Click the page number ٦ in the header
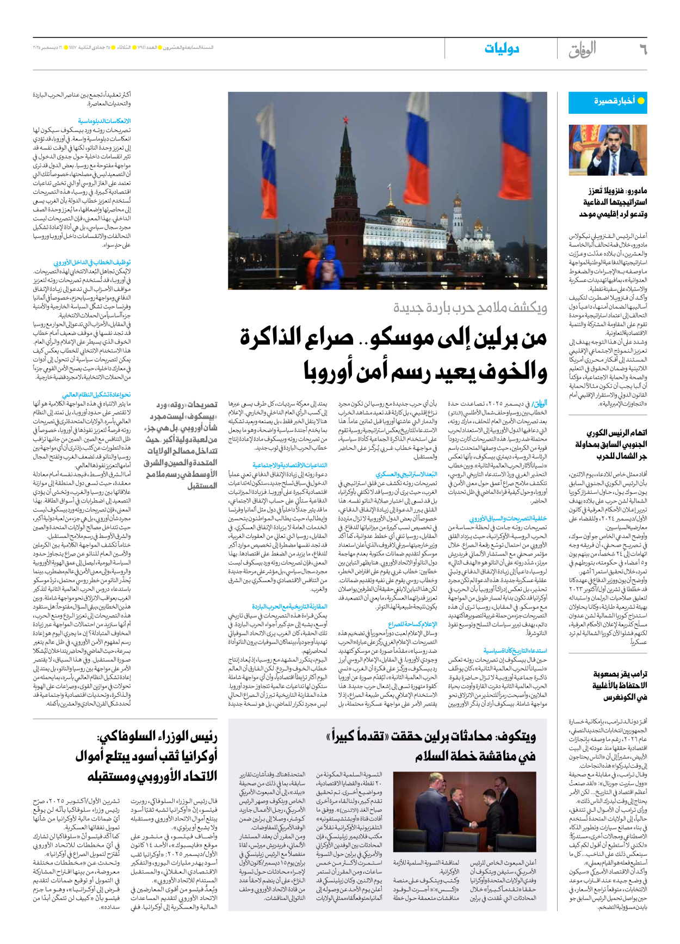642,50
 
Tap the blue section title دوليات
501,49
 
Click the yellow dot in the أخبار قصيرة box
640,101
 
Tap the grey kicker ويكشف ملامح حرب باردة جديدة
470,308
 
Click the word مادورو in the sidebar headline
633,191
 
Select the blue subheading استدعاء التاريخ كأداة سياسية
515,651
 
